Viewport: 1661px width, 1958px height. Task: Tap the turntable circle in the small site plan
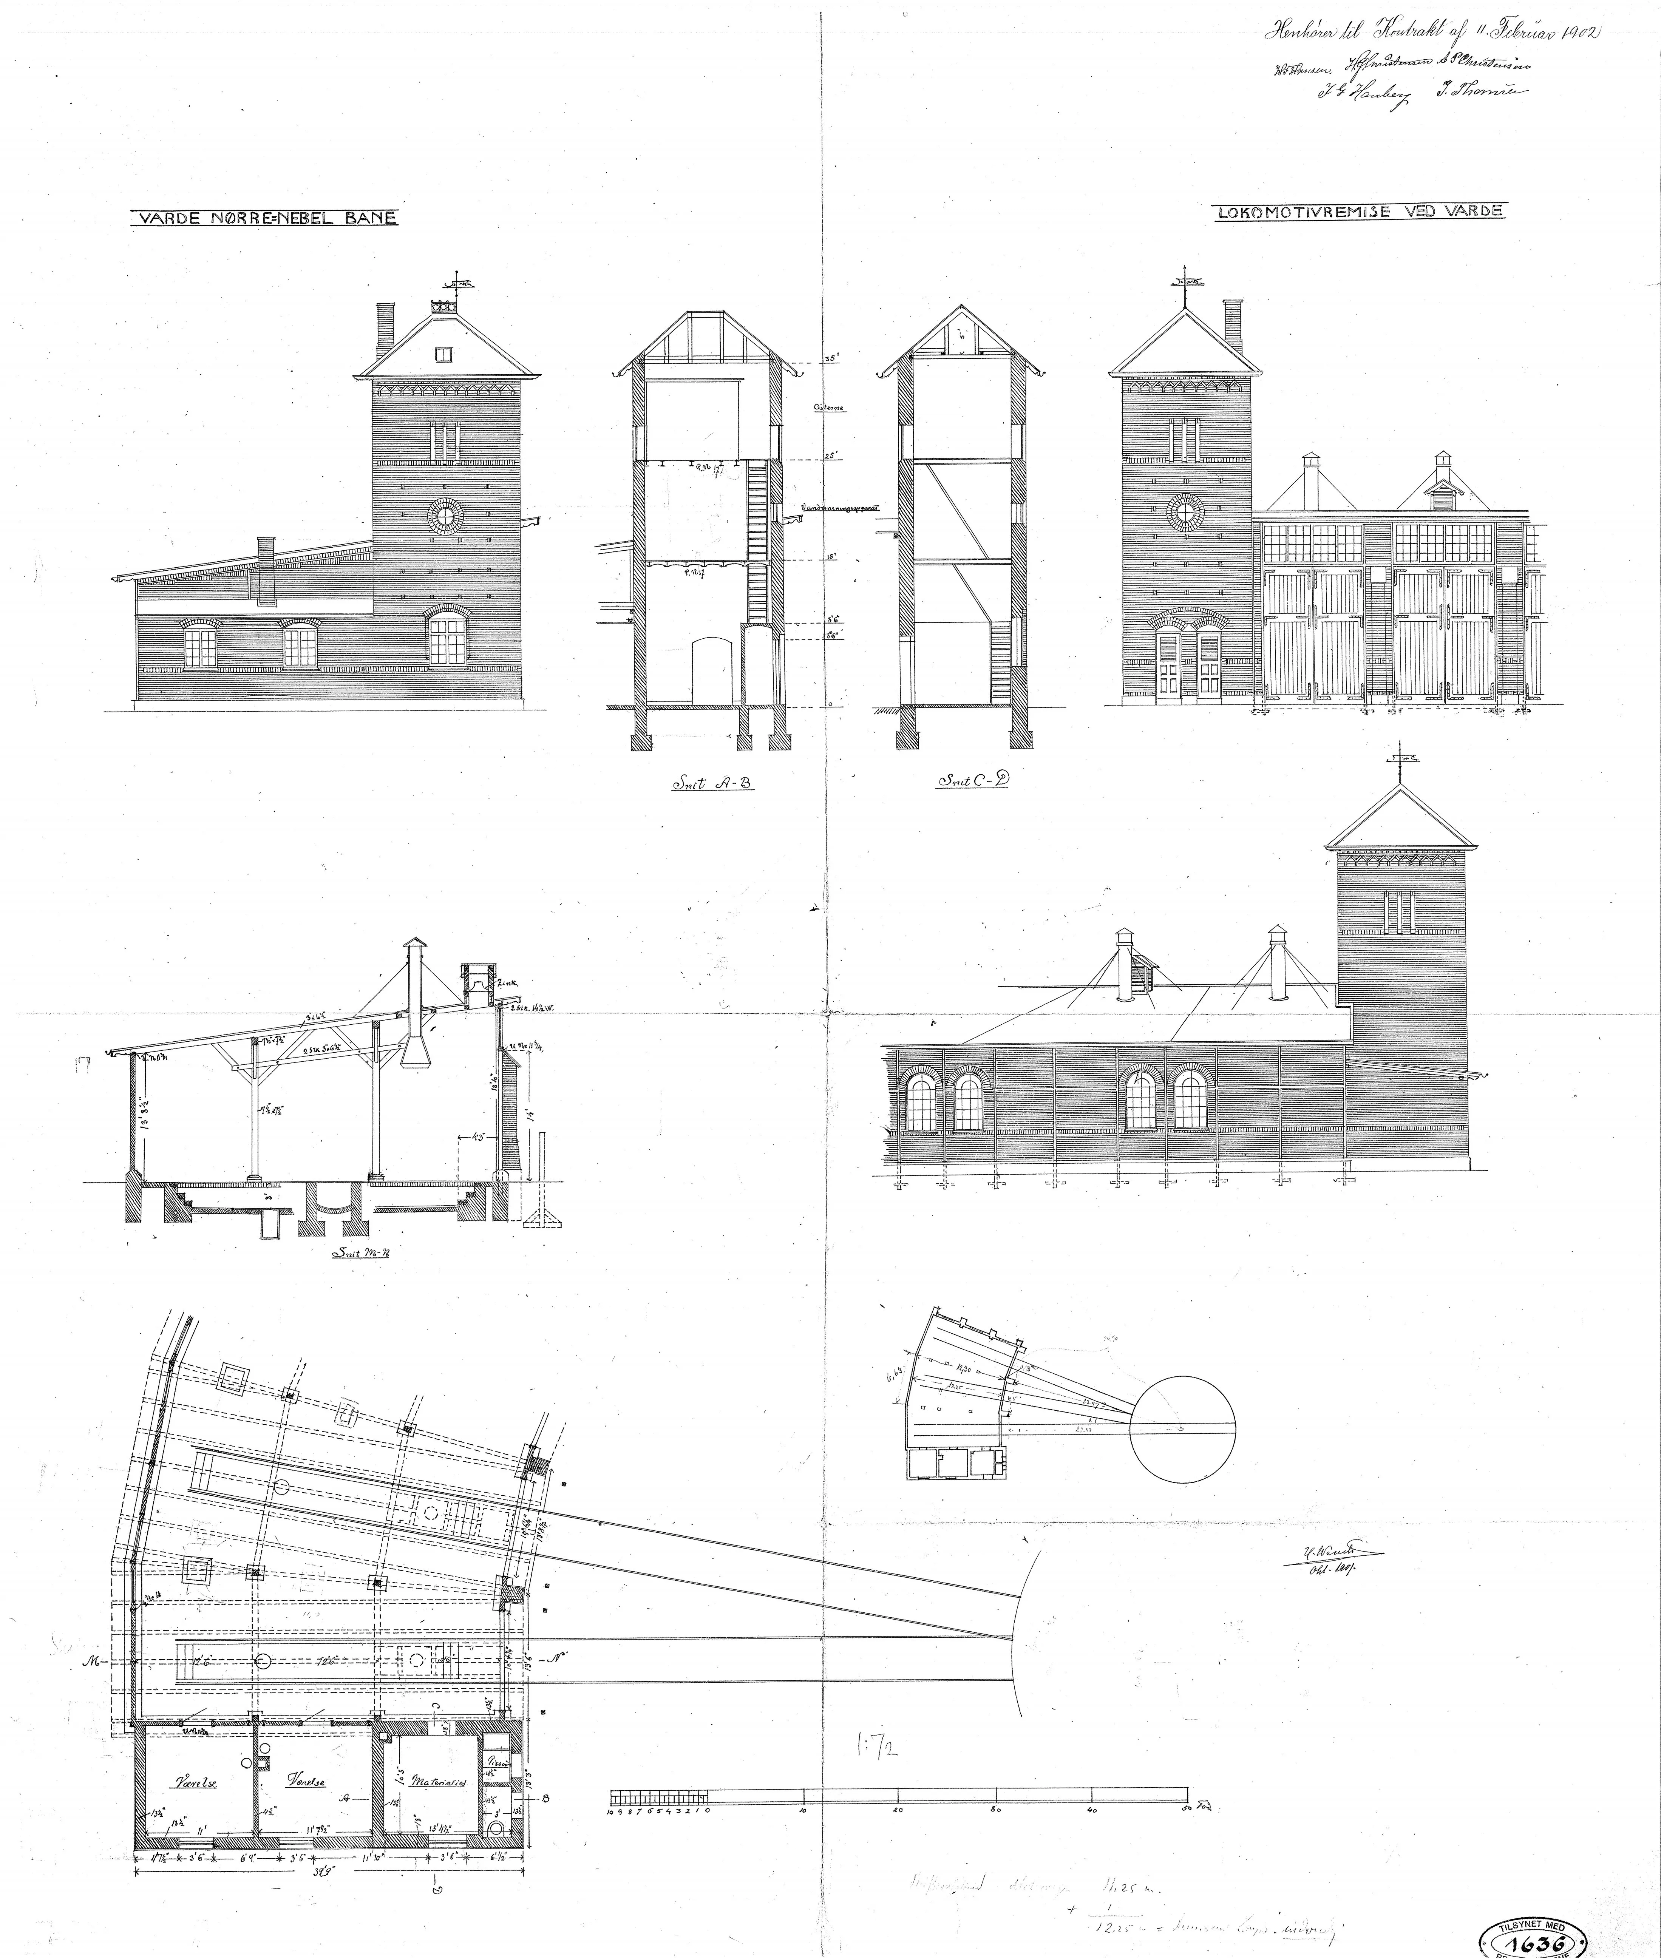[x=1182, y=1422]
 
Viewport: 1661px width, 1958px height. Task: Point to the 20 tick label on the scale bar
[x=898, y=1809]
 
